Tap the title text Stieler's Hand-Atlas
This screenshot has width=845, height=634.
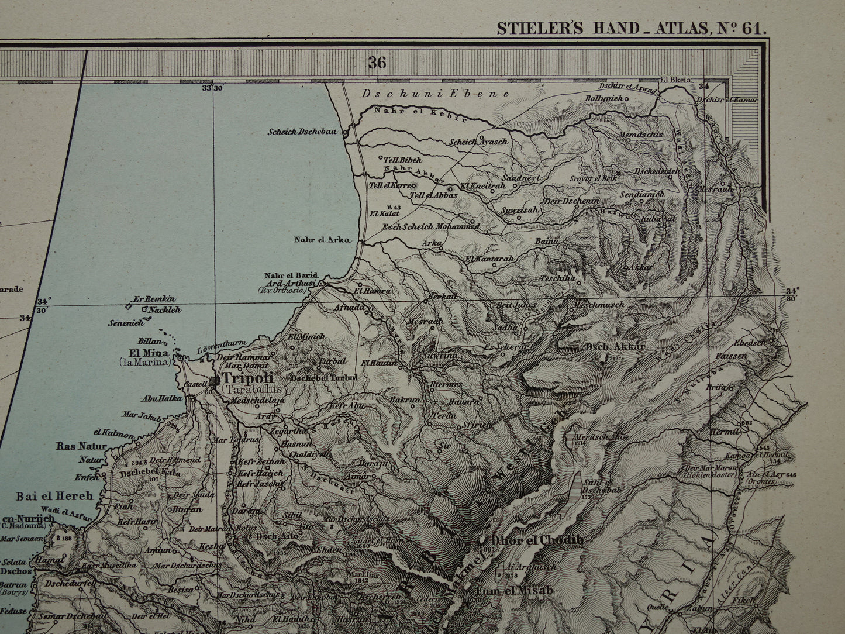[x=630, y=27]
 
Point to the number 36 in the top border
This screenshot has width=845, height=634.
[x=377, y=63]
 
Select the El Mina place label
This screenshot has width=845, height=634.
[x=149, y=353]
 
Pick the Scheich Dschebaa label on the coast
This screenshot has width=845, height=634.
[x=302, y=132]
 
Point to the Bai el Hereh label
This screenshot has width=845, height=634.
[x=54, y=496]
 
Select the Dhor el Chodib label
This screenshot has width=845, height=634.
[x=537, y=540]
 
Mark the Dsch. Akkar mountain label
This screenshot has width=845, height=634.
[x=615, y=346]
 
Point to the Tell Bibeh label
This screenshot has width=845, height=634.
[x=402, y=158]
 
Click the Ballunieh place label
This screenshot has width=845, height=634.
[x=603, y=98]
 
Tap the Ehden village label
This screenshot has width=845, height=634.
[x=329, y=550]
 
